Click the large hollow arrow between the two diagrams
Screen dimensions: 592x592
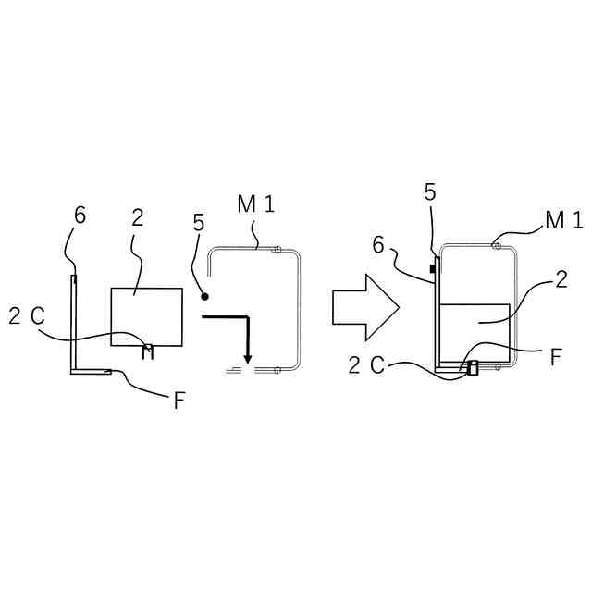[364, 306]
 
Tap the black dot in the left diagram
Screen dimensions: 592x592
[205, 296]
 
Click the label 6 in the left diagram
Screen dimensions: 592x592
[80, 215]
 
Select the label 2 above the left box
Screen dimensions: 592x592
[137, 217]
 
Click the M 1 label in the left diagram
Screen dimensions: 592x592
[255, 205]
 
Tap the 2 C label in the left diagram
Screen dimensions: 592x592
[26, 315]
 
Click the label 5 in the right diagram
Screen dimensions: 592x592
[430, 192]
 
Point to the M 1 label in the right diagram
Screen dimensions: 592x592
[563, 219]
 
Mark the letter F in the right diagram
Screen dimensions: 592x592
[555, 357]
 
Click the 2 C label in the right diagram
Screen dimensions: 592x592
[366, 364]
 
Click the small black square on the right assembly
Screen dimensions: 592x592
[432, 268]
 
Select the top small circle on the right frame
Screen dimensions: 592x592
[497, 246]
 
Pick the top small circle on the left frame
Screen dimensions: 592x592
[276, 249]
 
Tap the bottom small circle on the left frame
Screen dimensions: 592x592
[276, 370]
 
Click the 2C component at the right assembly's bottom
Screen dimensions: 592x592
[473, 368]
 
